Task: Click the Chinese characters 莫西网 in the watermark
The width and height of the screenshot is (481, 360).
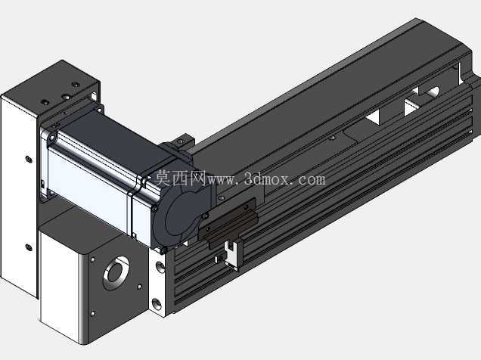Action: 179,178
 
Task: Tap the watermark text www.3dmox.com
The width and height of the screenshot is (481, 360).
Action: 266,179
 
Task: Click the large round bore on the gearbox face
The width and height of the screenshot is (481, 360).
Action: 116,272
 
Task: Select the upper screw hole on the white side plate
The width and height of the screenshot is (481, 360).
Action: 29,160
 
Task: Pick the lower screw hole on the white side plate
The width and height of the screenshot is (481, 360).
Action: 29,247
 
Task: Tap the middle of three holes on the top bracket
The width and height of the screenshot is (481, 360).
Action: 66,97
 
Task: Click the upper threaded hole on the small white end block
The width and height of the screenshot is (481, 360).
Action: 160,266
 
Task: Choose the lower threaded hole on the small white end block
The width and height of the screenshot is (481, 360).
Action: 157,304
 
